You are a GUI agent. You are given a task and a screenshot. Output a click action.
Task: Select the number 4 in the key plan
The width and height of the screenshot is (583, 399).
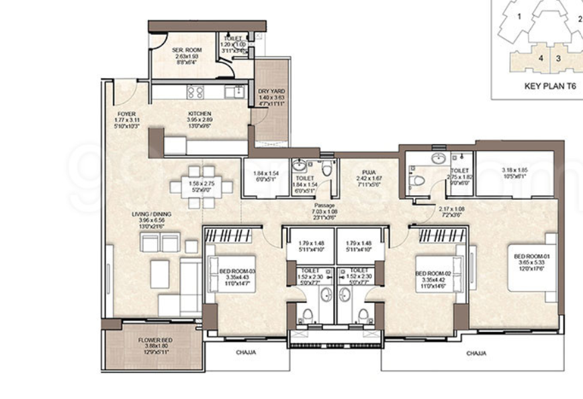541,58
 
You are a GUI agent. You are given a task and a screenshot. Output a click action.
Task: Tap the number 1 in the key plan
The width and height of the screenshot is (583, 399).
519,15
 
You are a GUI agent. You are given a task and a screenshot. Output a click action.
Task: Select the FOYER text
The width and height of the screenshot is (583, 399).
126,114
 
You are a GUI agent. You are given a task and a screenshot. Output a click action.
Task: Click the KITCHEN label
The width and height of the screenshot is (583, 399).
199,114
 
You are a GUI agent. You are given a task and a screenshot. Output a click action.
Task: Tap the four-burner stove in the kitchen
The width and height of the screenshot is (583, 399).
195,92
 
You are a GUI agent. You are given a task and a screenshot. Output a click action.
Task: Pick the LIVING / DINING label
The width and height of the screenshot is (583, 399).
152,215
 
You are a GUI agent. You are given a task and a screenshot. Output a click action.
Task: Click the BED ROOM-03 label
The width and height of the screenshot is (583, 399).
237,271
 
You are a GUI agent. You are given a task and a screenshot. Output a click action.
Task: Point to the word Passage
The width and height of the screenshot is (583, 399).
324,205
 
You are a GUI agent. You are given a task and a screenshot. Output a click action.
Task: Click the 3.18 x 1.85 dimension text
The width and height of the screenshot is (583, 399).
514,170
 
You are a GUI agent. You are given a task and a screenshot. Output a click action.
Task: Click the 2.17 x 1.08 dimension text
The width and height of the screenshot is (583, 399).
451,209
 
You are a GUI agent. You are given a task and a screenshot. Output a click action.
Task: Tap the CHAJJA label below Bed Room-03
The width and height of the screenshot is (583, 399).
246,352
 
